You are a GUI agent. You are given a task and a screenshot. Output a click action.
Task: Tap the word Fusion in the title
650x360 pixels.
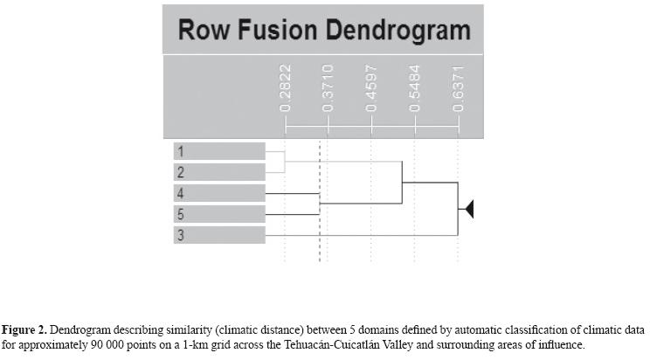[279, 31]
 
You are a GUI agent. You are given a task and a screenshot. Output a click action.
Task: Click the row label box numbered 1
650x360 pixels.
[218, 151]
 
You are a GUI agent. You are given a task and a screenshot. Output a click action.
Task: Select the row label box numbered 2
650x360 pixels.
[218, 172]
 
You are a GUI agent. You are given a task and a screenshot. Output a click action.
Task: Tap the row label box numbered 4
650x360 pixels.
[218, 193]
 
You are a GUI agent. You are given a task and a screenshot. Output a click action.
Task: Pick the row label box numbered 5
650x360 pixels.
[218, 214]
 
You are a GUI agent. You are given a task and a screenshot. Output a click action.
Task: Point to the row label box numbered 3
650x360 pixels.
[218, 235]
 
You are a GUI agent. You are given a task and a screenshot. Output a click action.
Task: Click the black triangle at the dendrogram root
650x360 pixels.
[467, 209]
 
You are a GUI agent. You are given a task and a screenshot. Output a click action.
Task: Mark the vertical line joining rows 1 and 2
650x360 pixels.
[285, 162]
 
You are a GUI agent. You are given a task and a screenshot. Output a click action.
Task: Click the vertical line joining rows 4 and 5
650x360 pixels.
[320, 204]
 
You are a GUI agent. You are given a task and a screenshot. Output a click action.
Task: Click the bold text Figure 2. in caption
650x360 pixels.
[28, 330]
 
